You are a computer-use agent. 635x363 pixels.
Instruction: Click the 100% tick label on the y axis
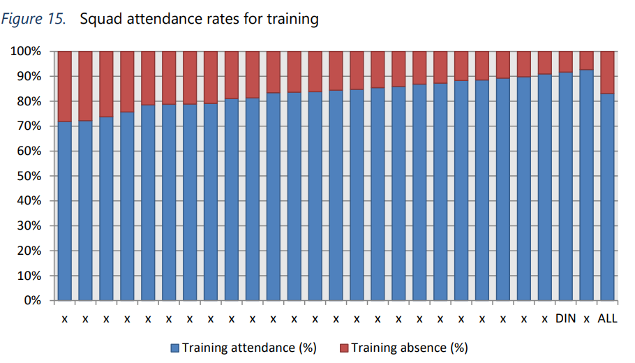[27, 52]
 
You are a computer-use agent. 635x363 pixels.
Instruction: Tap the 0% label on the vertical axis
[32, 301]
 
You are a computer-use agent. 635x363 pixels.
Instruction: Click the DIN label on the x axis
[565, 319]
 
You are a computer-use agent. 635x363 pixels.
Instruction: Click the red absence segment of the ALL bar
[607, 72]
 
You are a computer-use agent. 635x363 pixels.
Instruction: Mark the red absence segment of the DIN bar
[565, 61]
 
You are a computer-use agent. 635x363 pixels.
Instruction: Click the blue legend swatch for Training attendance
[175, 348]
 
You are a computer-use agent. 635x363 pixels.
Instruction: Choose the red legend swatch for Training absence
[344, 348]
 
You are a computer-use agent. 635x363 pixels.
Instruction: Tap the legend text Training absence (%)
[409, 348]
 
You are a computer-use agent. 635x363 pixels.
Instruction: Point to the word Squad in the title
[98, 19]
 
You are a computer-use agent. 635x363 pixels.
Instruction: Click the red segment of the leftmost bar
[64, 86]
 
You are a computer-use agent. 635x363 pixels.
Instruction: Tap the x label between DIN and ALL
[586, 320]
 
